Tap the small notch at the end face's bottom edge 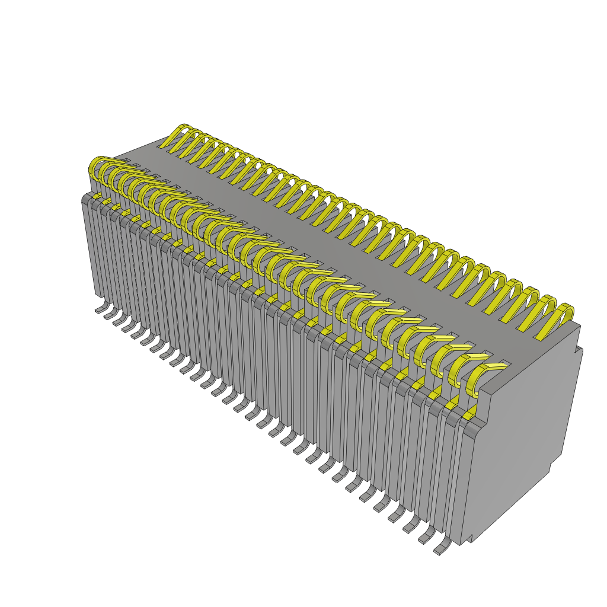pos(468,539)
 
